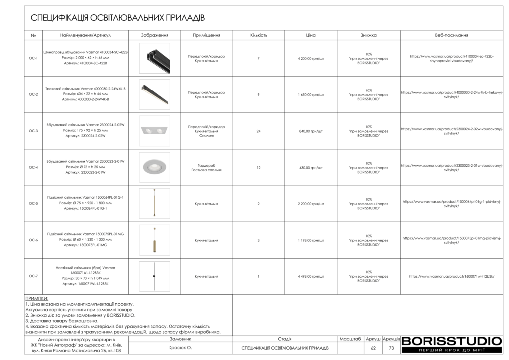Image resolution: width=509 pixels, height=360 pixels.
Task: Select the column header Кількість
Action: (x=258, y=35)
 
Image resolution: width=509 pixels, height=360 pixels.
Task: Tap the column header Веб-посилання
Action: (x=451, y=35)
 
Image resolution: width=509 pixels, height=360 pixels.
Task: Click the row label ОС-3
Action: (x=33, y=131)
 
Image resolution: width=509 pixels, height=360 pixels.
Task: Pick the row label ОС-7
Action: (x=33, y=276)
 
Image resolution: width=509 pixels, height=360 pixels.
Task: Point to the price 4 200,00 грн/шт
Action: (x=311, y=59)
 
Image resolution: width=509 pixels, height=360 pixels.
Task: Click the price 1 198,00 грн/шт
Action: (x=311, y=240)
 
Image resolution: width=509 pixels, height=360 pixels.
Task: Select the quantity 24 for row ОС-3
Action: (x=258, y=131)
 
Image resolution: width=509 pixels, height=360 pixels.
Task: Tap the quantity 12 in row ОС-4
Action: (x=258, y=168)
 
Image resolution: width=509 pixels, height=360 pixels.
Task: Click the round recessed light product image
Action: (x=154, y=167)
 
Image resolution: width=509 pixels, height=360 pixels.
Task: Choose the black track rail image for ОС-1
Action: (x=154, y=58)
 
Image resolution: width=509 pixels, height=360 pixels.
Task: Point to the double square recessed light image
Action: (x=154, y=131)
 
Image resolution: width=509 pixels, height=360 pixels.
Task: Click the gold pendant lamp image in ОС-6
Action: (x=154, y=240)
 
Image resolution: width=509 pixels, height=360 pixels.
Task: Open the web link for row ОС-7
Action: (x=451, y=276)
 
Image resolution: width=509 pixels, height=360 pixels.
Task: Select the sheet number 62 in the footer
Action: (x=373, y=348)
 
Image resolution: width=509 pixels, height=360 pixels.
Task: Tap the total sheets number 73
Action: (x=391, y=348)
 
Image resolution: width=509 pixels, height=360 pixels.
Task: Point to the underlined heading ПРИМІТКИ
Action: (x=37, y=299)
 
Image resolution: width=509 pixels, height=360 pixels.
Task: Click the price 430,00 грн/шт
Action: (x=311, y=168)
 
